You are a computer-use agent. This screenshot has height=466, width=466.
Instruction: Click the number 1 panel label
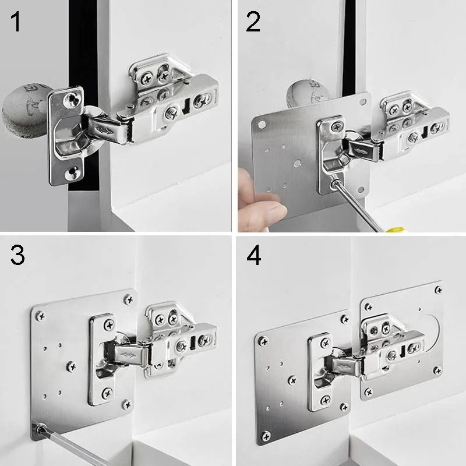coord(16,22)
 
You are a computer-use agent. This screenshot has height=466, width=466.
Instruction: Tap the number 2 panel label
coord(253,22)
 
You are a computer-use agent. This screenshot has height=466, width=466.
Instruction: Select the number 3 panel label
coord(17,255)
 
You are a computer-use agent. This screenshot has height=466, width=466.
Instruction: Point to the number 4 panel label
coord(254,255)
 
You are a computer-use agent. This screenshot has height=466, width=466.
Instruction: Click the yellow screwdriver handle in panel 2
coord(396,230)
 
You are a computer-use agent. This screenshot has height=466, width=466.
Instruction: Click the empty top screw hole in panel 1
coord(71,99)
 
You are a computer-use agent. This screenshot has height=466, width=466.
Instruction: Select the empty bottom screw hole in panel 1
coord(72,172)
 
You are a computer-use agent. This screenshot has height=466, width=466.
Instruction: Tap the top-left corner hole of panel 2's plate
coord(262,125)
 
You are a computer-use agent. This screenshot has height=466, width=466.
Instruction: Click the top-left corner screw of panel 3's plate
coord(40,316)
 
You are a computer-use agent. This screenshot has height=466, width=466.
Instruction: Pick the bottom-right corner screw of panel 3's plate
coord(126,404)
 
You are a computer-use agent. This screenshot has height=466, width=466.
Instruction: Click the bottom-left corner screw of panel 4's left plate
coord(266,436)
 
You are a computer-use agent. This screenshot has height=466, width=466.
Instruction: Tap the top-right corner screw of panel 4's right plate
coord(439,290)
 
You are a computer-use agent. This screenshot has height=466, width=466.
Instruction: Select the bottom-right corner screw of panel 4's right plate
coord(437,370)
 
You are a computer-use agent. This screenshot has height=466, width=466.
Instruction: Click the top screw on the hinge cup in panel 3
coord(110,325)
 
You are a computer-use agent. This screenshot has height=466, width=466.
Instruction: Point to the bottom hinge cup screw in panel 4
coord(326,400)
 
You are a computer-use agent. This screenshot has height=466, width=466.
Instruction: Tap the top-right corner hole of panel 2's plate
coord(362,102)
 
